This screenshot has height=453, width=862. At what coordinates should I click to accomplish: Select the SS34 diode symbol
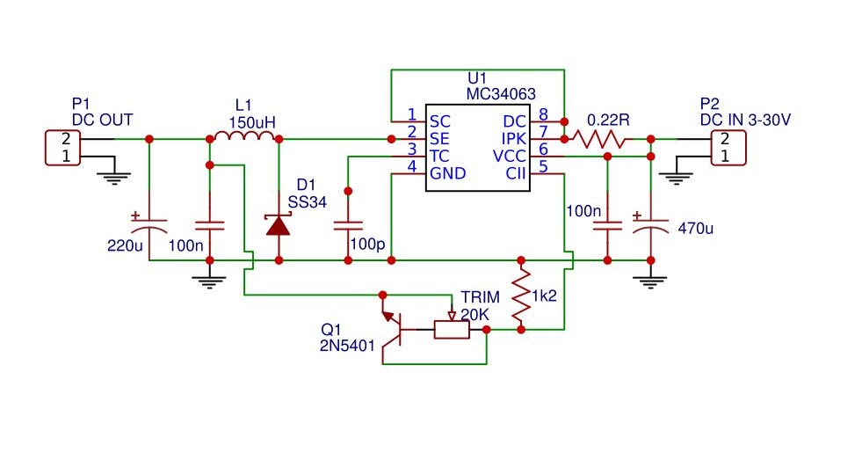pyautogui.click(x=279, y=225)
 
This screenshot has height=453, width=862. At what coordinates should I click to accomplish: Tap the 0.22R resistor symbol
pyautogui.click(x=599, y=139)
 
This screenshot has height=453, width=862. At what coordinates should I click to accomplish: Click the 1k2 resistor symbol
pyautogui.click(x=521, y=296)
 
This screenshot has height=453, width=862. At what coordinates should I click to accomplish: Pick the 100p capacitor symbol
pyautogui.click(x=349, y=224)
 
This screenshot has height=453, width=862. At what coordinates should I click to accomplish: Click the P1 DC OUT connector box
pyautogui.click(x=63, y=147)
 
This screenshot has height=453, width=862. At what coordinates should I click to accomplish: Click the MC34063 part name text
pyautogui.click(x=501, y=92)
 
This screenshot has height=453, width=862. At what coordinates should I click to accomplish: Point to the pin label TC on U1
pyautogui.click(x=439, y=155)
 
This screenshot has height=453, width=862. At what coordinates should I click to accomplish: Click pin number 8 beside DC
pyautogui.click(x=543, y=114)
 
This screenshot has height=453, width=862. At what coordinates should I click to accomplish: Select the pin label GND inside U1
pyautogui.click(x=447, y=172)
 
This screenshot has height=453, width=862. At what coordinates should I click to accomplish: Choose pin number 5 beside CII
pyautogui.click(x=543, y=166)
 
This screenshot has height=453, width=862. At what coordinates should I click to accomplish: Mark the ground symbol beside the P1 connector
pyautogui.click(x=112, y=176)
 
